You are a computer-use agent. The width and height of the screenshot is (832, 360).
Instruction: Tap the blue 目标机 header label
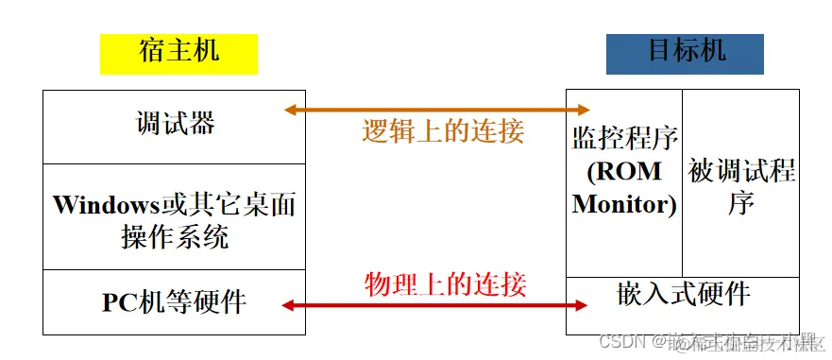(686, 52)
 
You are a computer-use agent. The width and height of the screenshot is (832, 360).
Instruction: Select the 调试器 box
(175, 124)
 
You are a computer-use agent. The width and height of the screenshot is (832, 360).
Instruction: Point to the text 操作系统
(175, 236)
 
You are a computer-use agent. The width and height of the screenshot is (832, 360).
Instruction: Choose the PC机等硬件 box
(175, 302)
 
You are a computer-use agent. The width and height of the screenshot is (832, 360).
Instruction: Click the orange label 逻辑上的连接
(443, 131)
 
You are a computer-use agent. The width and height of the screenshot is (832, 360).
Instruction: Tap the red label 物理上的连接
(445, 283)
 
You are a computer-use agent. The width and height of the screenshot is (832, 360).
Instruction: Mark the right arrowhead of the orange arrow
(583, 110)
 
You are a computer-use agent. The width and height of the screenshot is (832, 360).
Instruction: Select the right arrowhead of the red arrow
(583, 304)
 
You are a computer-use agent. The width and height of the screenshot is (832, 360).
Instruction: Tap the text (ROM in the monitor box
(624, 173)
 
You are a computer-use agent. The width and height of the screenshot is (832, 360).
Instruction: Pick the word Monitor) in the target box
(624, 204)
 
